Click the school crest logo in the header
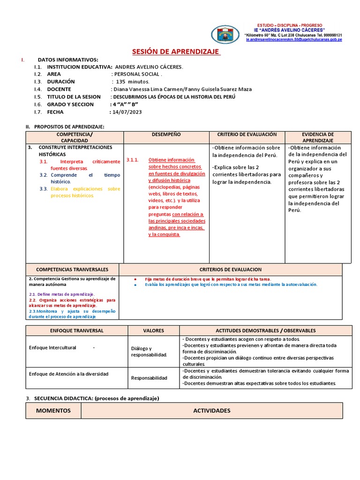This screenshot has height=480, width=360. tap(227, 35)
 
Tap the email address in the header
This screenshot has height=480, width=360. tap(294, 40)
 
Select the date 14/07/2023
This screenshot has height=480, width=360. tap(126, 112)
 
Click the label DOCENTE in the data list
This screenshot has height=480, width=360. tap(59, 89)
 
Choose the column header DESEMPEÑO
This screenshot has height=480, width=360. tap(166, 135)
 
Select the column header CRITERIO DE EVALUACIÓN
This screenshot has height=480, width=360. tap(247, 135)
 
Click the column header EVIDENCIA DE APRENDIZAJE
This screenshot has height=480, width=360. tap(318, 137)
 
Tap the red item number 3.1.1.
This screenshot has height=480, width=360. tap(133, 160)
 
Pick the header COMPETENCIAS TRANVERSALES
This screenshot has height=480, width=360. tap(72, 270)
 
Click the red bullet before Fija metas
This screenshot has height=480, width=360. tap(135, 279)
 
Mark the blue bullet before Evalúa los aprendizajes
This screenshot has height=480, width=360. tap(135, 285)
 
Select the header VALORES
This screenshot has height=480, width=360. tap(153, 330)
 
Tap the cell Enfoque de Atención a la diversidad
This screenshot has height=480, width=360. tap(68, 374)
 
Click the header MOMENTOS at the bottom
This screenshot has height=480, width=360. tap(53, 411)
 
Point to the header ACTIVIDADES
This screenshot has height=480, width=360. tap(211, 411)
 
